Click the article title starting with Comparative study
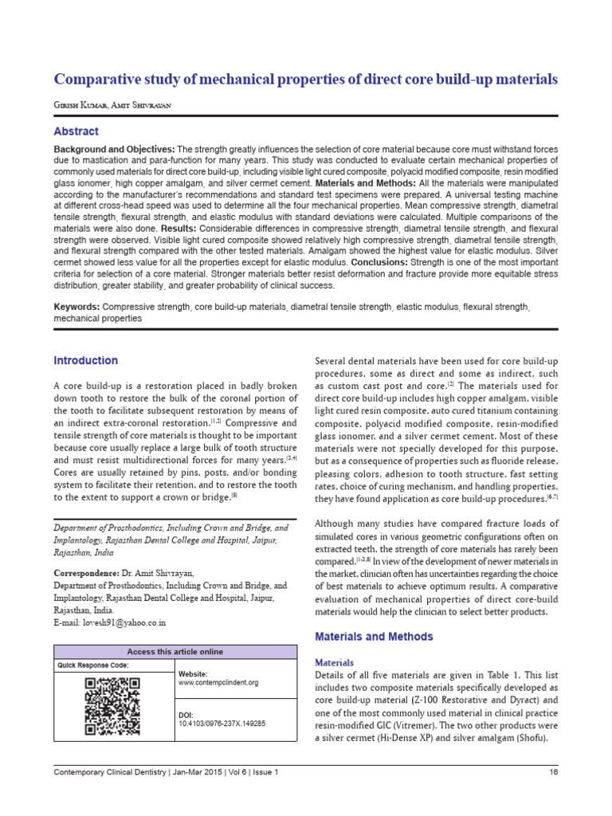[305, 80]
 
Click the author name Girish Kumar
[77, 106]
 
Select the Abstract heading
[76, 131]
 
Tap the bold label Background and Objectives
[113, 150]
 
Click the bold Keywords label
[76, 307]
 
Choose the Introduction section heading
[85, 360]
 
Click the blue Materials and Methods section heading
[375, 637]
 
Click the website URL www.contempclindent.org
[218, 683]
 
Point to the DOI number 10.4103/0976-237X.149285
[222, 724]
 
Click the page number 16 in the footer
[553, 772]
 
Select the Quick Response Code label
[92, 665]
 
